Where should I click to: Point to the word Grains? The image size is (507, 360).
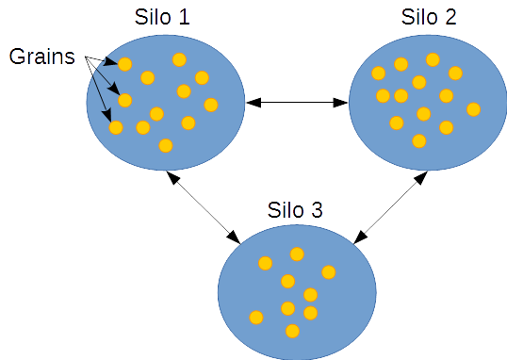pyautogui.click(x=41, y=56)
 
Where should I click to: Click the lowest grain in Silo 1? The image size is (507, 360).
pyautogui.click(x=166, y=145)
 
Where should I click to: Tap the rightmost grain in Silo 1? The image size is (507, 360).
pyautogui.click(x=211, y=105)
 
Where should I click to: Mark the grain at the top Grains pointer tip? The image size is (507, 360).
pyautogui.click(x=124, y=64)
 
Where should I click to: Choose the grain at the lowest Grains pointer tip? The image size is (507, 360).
pyautogui.click(x=116, y=126)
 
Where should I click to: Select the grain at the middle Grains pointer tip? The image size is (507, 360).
pyautogui.click(x=124, y=100)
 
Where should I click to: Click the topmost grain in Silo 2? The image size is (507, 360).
pyautogui.click(x=433, y=59)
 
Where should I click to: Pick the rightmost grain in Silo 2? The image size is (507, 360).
pyautogui.click(x=473, y=109)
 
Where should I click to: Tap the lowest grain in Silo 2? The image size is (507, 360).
pyautogui.click(x=418, y=141)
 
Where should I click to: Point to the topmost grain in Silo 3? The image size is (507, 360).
pyautogui.click(x=297, y=254)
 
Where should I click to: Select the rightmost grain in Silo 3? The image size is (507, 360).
pyautogui.click(x=328, y=272)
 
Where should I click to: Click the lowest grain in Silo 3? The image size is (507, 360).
pyautogui.click(x=292, y=331)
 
